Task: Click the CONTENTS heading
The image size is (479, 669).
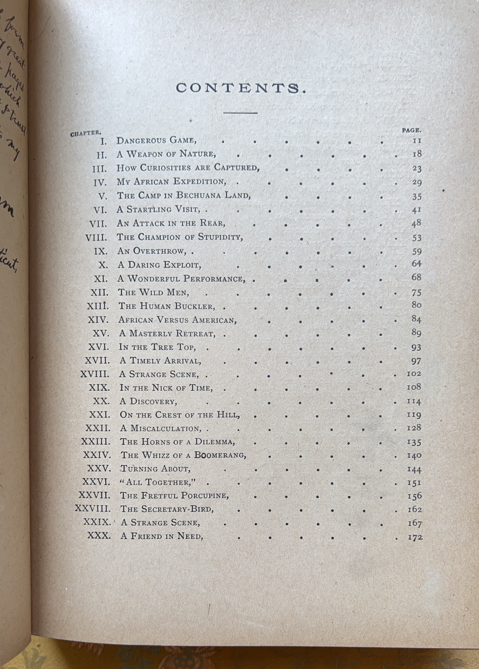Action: tap(241, 88)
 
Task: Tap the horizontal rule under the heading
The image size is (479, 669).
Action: tap(240, 113)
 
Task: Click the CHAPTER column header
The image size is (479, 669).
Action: tap(86, 133)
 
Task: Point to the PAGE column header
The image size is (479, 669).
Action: tap(411, 131)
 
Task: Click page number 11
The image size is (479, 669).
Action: tap(417, 141)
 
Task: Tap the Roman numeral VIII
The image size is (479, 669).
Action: tap(96, 238)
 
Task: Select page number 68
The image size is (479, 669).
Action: tap(416, 277)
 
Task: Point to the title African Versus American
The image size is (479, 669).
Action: tap(178, 320)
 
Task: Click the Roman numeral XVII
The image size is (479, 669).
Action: tap(97, 361)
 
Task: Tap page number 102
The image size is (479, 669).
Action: tap(414, 373)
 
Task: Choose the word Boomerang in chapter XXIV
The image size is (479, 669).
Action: tap(220, 455)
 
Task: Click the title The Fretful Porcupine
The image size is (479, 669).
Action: tap(174, 496)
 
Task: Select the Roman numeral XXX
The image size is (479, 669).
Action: tap(99, 536)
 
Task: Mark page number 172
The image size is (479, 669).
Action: tap(415, 537)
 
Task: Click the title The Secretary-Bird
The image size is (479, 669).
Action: tap(167, 509)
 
